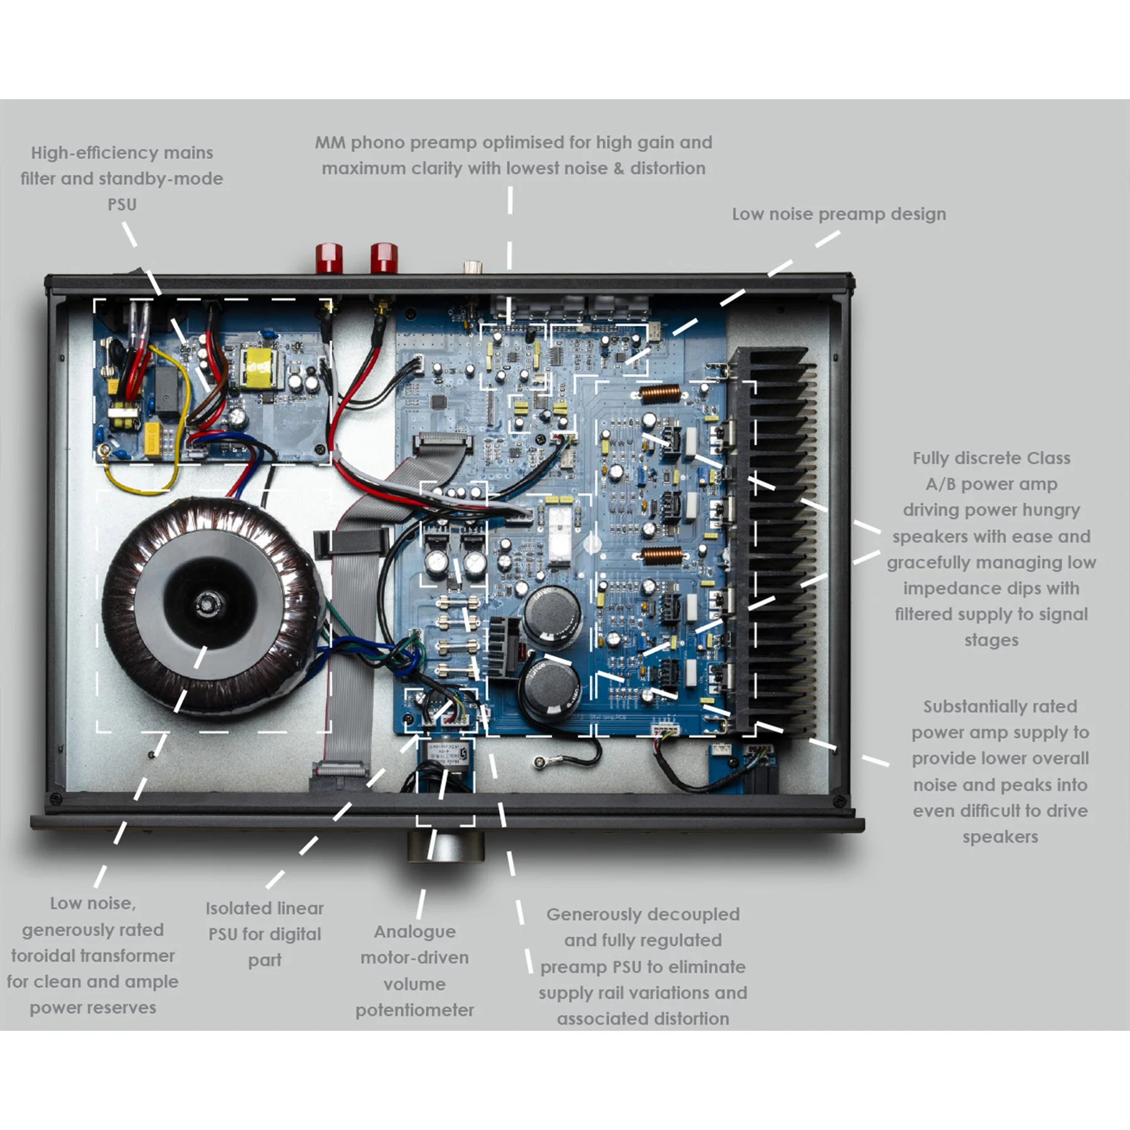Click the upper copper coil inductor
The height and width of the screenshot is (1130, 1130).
660,394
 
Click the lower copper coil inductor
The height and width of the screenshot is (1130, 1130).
661,555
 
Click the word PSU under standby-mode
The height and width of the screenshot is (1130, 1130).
122,205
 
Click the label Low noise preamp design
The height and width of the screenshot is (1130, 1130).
838,214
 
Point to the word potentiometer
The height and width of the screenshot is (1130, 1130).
414,1010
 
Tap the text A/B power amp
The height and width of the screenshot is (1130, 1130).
991,484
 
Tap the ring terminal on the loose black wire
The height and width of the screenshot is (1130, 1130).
539,762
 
